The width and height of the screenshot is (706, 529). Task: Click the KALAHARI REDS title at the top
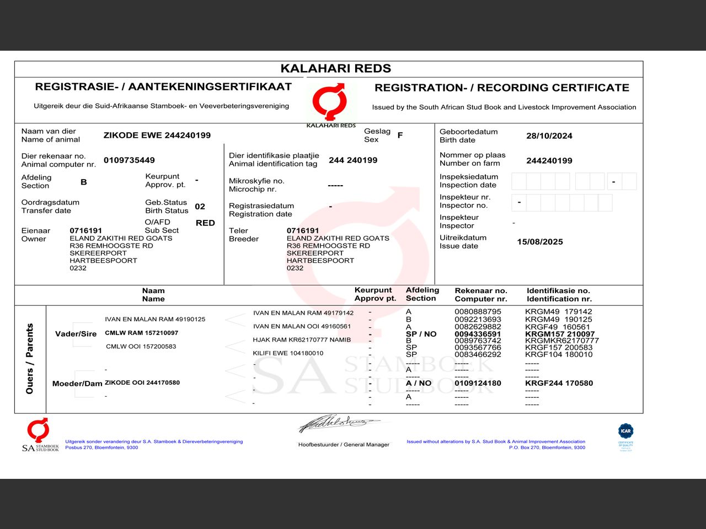point(335,68)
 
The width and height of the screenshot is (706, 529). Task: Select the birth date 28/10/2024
point(549,136)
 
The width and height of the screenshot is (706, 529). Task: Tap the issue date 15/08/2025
point(539,242)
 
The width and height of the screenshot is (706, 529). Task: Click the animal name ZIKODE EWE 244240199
point(157,136)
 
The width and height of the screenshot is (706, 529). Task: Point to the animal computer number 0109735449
point(129,160)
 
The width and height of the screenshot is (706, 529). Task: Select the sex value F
point(400,135)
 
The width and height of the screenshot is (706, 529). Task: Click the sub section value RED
point(205,223)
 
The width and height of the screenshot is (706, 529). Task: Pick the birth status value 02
point(200,207)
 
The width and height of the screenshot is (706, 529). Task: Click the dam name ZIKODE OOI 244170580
point(142,382)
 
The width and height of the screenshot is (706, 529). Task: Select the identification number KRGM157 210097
point(560,334)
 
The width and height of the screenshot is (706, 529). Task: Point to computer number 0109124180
point(478,383)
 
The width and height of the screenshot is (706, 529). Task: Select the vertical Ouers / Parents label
point(30,359)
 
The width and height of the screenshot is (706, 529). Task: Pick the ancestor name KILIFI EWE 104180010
point(288,353)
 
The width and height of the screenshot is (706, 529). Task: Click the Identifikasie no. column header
point(559,295)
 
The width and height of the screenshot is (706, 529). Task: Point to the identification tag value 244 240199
point(353,160)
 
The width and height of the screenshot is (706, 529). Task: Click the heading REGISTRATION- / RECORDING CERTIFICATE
point(501,88)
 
